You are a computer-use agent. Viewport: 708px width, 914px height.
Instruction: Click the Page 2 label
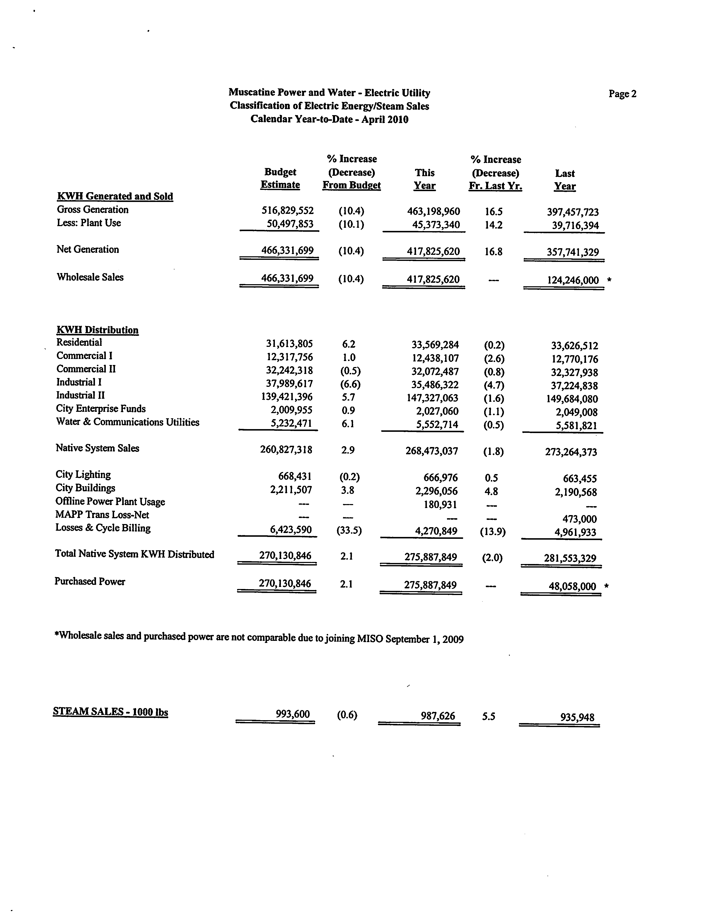pos(622,94)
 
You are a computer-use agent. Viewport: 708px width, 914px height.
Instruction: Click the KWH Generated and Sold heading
pos(115,196)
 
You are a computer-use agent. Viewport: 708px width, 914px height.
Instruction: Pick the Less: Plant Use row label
pos(89,223)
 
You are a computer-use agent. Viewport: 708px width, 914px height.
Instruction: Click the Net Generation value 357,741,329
pos(572,252)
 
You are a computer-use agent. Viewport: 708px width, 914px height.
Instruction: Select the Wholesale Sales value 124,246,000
pos(573,280)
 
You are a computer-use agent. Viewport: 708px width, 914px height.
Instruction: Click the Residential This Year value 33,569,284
pos(435,345)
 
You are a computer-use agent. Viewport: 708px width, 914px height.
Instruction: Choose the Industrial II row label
pos(80,395)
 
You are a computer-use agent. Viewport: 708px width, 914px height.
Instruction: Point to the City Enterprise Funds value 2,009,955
pos(291,410)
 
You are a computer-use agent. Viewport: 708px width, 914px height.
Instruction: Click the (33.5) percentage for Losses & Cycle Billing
pos(349,531)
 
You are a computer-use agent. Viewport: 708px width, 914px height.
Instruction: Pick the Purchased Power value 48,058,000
pos(572,586)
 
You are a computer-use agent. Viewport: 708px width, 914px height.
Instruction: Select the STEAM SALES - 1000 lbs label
pos(111,711)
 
